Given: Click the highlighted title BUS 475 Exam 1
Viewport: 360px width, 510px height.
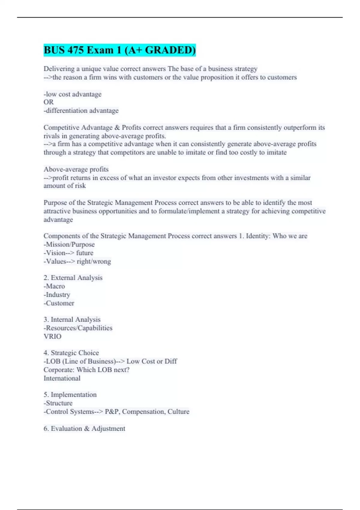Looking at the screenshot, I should pyautogui.click(x=119, y=50).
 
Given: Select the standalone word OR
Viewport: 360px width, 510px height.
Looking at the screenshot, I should pyautogui.click(x=49, y=102).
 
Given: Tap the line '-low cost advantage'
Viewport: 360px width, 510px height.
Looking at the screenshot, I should pyautogui.click(x=73, y=94).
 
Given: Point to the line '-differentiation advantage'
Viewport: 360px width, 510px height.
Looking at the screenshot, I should pyautogui.click(x=81, y=111).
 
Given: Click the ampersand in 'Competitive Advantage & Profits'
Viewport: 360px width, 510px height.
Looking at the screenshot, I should pyautogui.click(x=117, y=127).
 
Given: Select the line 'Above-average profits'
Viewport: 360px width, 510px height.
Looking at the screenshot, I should pyautogui.click(x=76, y=169).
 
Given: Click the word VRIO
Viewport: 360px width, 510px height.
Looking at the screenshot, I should pyautogui.click(x=52, y=336).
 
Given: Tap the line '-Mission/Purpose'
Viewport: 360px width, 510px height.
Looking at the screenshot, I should pyautogui.click(x=69, y=244).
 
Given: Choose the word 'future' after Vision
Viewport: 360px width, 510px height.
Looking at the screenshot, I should pyautogui.click(x=85, y=253).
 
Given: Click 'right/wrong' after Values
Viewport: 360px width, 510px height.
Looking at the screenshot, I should pyautogui.click(x=94, y=261).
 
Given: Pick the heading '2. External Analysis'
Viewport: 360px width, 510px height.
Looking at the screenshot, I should pyautogui.click(x=73, y=278).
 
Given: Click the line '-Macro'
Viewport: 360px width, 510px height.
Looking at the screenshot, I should pyautogui.click(x=54, y=286).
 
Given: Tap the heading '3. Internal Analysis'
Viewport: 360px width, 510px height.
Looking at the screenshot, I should pyautogui.click(x=72, y=319).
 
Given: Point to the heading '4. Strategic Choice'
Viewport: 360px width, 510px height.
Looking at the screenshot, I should pyautogui.click(x=71, y=353).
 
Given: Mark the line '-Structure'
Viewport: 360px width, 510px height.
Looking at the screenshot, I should pyautogui.click(x=58, y=403).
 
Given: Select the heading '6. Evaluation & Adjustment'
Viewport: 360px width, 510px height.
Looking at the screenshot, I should pyautogui.click(x=84, y=428).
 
